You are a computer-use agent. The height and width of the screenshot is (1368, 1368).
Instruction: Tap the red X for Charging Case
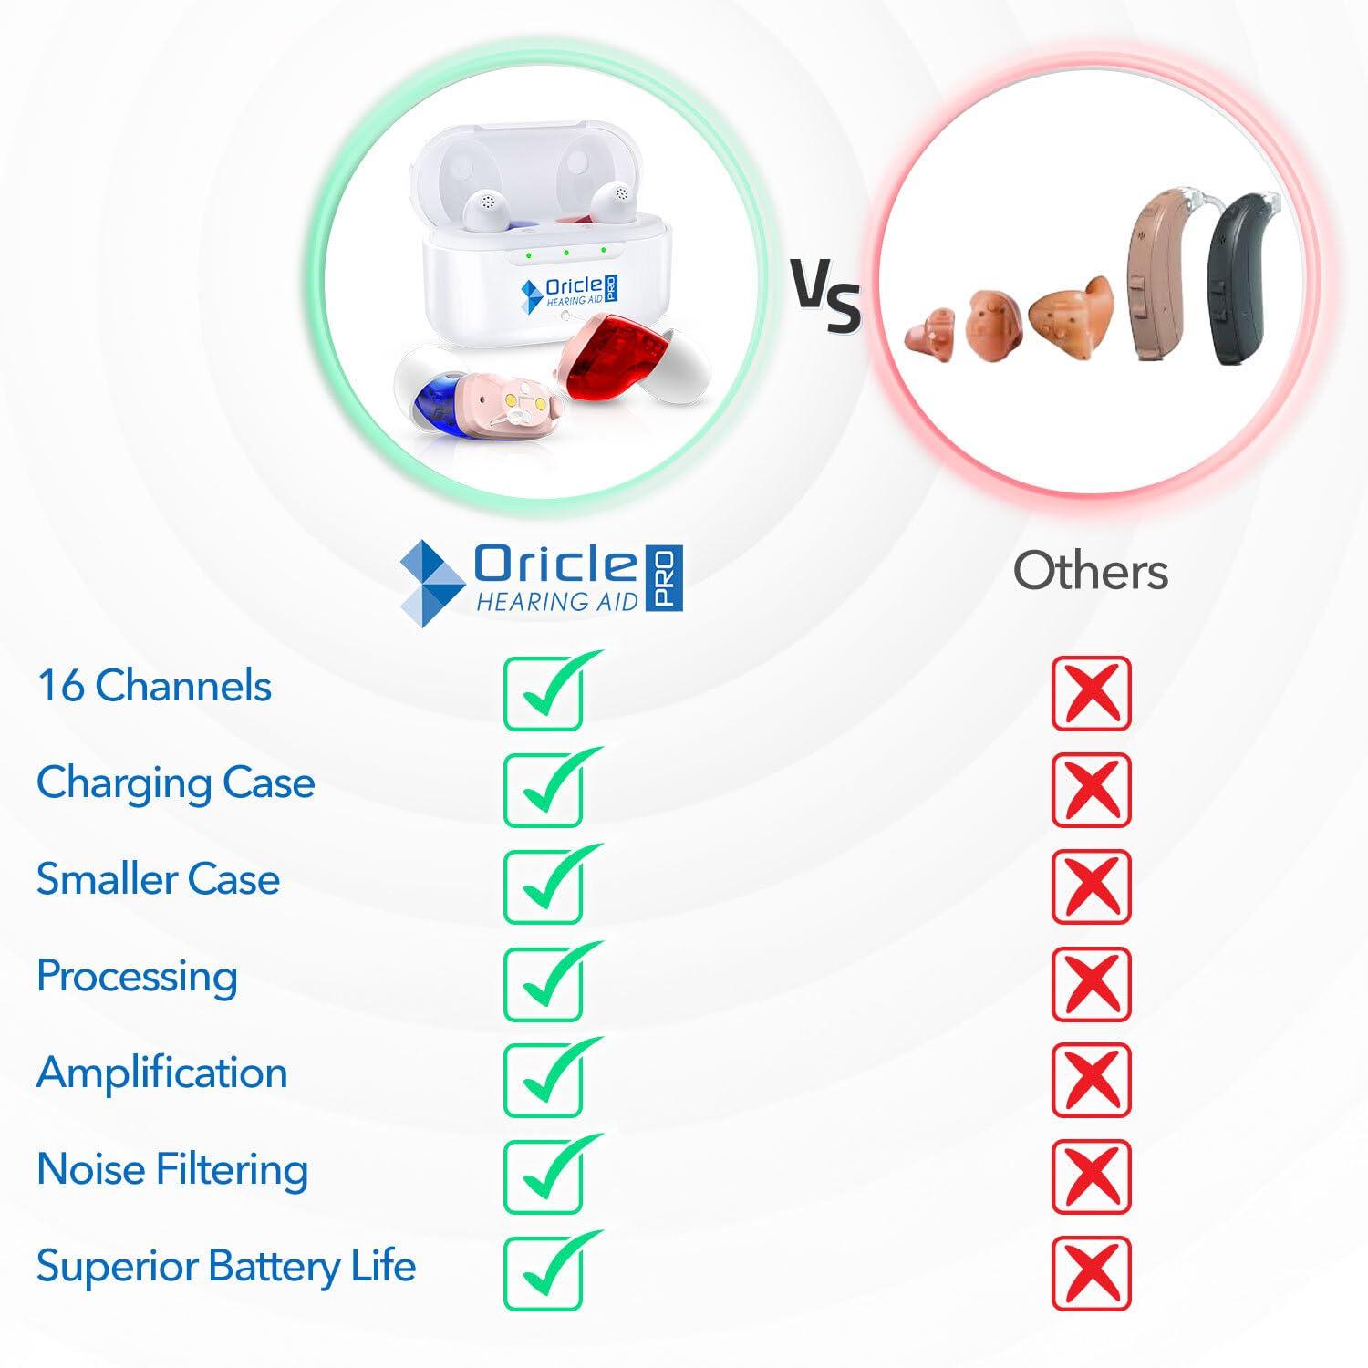coord(1091,790)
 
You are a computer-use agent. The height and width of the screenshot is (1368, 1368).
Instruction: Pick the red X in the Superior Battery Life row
coord(1091,1273)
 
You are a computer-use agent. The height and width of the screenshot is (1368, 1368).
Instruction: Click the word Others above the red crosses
coord(1090,572)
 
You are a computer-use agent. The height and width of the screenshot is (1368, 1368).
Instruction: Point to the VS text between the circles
coord(824,295)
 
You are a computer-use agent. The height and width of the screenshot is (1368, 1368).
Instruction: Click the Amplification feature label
coord(161,1073)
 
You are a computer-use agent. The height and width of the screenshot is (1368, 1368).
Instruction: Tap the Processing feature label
coord(137,976)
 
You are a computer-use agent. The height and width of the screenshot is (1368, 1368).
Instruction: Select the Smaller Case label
coord(158,879)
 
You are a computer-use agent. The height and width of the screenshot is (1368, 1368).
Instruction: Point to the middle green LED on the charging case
coord(565,253)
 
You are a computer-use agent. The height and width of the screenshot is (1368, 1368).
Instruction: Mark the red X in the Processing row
coord(1091,983)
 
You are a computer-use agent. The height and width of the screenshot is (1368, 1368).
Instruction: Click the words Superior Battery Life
coord(226,1266)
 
